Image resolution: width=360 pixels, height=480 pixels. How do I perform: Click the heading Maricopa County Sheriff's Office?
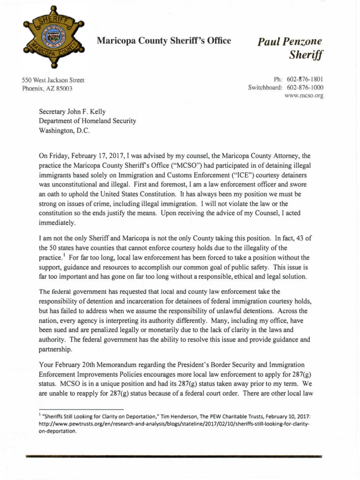point(164,41)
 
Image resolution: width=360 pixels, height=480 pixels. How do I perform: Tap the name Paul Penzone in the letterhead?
point(290,42)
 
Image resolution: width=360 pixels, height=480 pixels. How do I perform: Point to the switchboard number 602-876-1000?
point(305,87)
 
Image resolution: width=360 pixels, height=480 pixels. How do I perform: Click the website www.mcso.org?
point(304,96)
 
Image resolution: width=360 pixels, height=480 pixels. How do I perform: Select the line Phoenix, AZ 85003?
point(47,88)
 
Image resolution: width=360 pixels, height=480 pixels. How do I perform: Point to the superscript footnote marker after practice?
point(63,255)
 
